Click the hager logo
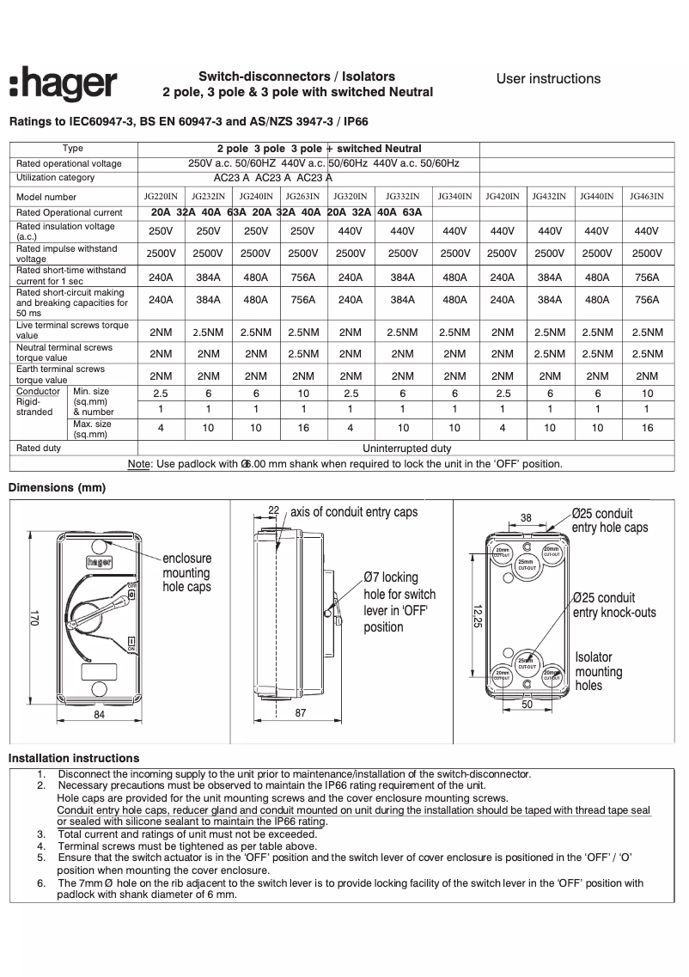(64, 86)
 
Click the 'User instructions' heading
(548, 79)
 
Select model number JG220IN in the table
(161, 197)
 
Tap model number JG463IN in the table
(646, 197)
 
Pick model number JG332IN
(402, 197)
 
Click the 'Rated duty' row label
(39, 449)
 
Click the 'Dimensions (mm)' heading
(57, 488)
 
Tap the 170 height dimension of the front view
(35, 618)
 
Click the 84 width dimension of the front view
(100, 714)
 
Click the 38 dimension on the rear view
(526, 517)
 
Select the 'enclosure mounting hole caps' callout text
(186, 572)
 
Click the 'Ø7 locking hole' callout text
(399, 601)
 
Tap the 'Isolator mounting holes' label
(599, 671)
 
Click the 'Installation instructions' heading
(74, 758)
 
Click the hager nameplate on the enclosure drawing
(100, 562)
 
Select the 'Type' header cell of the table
(73, 149)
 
